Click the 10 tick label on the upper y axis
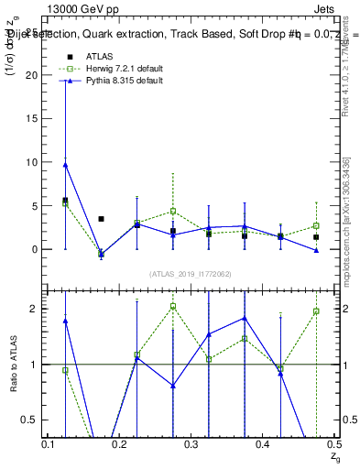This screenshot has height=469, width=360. (36, 162)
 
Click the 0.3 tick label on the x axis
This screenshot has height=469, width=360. (191, 444)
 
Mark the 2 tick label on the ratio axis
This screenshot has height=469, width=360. (38, 309)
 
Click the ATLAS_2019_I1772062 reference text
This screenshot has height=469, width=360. (190, 274)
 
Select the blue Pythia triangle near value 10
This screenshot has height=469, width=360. (65, 165)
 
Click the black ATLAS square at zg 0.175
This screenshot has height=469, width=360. (101, 219)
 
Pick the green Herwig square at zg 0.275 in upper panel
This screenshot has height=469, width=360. (172, 212)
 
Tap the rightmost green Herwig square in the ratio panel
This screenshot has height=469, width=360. (316, 311)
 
